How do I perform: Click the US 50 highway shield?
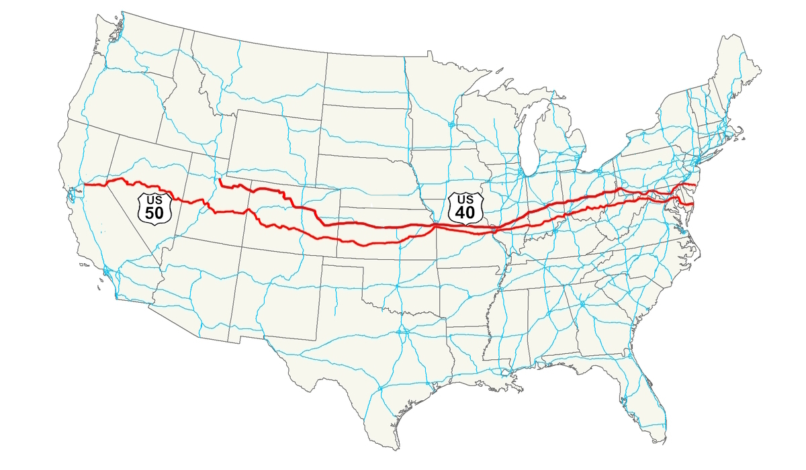coord(155,207)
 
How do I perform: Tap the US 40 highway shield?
coord(465,207)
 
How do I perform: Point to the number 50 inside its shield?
coord(155,213)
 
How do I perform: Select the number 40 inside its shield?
coord(465,213)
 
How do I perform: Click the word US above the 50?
coord(155,199)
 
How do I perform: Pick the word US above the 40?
coord(465,199)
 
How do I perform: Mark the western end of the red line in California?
coord(83,185)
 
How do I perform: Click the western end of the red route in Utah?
coord(220,180)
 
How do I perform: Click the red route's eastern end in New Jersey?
coord(694,183)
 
